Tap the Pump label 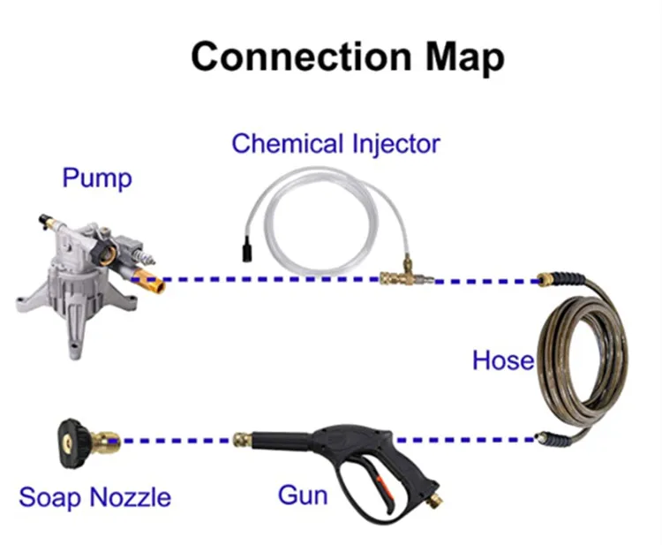pos(96,178)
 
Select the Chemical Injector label pos(335,143)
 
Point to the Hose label pos(502,360)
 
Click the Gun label pos(303,496)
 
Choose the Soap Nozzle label pos(94,497)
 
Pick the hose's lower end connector pos(553,437)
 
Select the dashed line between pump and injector pos(265,281)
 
